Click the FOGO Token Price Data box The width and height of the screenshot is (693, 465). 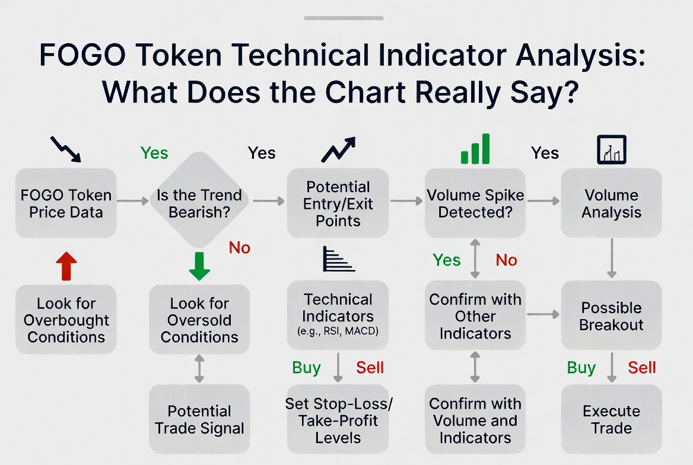[x=66, y=203]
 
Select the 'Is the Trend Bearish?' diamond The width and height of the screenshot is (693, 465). [x=199, y=200]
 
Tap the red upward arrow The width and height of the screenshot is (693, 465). [x=66, y=266]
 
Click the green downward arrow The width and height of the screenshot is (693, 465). [x=199, y=266]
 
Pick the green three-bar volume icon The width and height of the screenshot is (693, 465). [x=475, y=149]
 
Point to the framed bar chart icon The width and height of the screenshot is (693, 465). [x=612, y=149]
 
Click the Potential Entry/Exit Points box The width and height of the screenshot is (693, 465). [x=338, y=203]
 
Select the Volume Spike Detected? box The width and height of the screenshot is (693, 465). [x=475, y=203]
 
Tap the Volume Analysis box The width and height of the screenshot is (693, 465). [x=611, y=203]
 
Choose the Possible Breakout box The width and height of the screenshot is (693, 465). [x=611, y=316]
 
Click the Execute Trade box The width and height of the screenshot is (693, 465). [x=611, y=419]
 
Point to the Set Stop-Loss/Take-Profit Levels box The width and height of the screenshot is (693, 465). [x=338, y=419]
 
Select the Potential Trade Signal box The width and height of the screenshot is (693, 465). [x=199, y=419]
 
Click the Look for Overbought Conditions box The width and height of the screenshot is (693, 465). [x=66, y=319]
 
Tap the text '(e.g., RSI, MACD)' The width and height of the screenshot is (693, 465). [x=338, y=331]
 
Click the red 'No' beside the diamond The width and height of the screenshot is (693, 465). [x=240, y=247]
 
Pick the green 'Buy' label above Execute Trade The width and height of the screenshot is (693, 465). [x=581, y=368]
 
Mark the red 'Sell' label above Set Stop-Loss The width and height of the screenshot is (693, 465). [x=370, y=367]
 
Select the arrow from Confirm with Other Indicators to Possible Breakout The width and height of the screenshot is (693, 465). [x=543, y=314]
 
